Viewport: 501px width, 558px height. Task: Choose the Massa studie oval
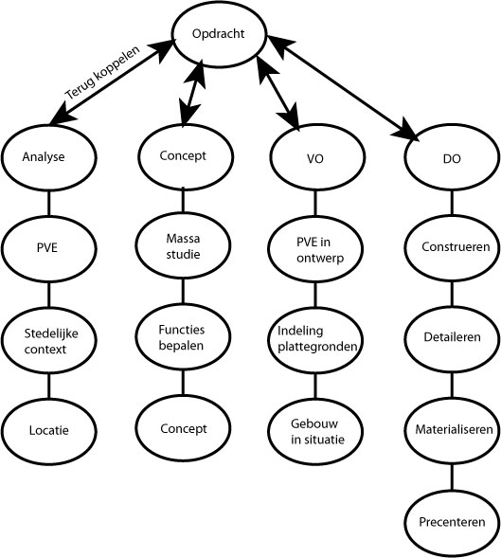183,247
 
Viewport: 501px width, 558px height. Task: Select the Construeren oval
452,249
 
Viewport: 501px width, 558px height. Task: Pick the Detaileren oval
452,338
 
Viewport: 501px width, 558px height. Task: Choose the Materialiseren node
452,429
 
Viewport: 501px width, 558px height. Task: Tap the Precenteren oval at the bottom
452,521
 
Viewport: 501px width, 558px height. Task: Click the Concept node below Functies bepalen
183,428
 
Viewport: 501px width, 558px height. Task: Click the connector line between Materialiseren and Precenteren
452,475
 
